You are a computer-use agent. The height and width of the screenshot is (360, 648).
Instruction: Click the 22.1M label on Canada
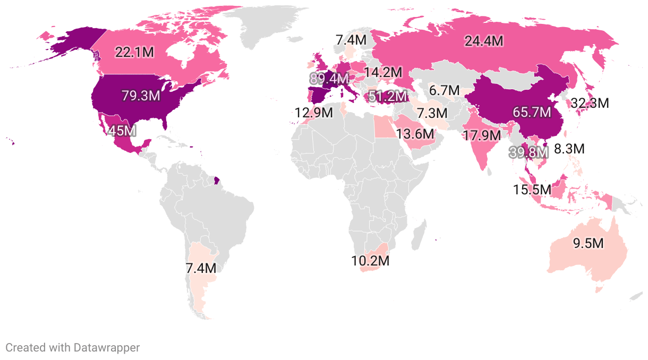click(135, 52)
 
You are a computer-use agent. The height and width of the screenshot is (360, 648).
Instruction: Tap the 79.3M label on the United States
click(141, 96)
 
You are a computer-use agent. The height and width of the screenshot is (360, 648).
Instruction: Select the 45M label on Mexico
click(122, 130)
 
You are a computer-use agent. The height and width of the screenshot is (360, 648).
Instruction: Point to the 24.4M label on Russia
click(483, 41)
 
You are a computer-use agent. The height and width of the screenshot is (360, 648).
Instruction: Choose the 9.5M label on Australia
click(588, 244)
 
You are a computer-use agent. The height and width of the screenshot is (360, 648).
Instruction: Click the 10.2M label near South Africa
click(370, 261)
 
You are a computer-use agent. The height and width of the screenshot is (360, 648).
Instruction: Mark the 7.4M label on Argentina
click(201, 268)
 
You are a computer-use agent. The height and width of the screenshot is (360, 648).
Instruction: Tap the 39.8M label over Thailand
click(528, 152)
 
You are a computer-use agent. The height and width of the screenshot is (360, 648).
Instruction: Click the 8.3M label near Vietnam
click(569, 149)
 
